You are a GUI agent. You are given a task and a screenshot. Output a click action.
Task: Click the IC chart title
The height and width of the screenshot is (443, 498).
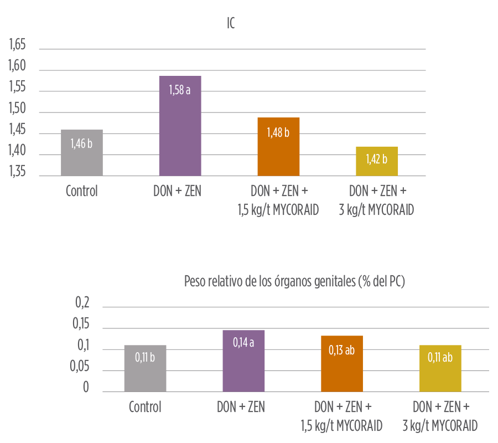click(231, 24)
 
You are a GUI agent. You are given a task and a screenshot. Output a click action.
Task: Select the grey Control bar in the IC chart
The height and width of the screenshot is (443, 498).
click(81, 153)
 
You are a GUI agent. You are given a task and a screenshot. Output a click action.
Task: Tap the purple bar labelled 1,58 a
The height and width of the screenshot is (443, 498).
click(180, 126)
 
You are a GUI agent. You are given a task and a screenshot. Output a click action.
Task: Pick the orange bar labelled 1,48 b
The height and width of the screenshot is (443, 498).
click(278, 147)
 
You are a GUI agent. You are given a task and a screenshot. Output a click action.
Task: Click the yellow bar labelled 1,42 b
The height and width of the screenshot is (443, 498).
click(377, 161)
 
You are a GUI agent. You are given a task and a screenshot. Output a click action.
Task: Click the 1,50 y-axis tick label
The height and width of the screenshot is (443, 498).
click(18, 109)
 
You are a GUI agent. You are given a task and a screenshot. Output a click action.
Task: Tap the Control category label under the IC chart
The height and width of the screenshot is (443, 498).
click(81, 192)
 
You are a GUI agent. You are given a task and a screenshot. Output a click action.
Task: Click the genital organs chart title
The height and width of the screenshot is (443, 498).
click(295, 282)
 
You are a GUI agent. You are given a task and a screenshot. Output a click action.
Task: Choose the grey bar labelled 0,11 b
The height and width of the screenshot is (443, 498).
click(145, 368)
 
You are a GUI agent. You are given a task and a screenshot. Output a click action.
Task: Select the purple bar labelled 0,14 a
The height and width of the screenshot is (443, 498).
click(243, 361)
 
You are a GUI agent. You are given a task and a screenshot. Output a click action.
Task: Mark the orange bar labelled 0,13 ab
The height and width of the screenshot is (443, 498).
click(342, 364)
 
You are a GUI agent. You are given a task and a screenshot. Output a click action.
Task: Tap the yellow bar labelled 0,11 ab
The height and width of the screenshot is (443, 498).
click(440, 368)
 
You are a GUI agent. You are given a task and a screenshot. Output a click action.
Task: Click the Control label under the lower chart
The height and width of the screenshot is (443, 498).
click(145, 408)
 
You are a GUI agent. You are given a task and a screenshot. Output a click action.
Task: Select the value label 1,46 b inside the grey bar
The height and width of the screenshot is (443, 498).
click(81, 143)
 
